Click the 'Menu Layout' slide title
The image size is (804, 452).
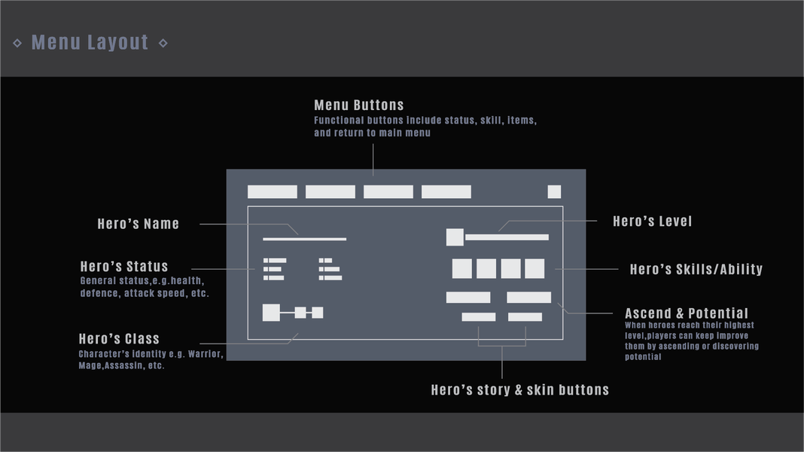click(x=90, y=42)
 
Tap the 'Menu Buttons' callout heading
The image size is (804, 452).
click(x=358, y=105)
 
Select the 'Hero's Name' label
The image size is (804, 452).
click(x=138, y=224)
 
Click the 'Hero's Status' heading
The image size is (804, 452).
click(x=124, y=266)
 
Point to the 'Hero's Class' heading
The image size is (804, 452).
click(x=119, y=338)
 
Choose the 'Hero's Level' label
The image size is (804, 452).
click(x=652, y=221)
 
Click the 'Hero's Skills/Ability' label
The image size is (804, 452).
click(x=696, y=269)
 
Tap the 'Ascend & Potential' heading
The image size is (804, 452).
click(x=687, y=313)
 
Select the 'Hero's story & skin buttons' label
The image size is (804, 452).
click(x=519, y=389)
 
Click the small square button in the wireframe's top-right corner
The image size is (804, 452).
click(x=554, y=191)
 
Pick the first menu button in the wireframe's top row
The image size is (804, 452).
click(x=273, y=192)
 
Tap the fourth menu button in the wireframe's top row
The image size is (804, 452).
click(x=446, y=192)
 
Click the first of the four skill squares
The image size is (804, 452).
click(x=461, y=269)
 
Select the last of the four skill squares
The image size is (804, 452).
click(x=534, y=269)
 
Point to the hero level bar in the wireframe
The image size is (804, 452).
click(x=507, y=237)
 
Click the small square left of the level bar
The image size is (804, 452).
click(x=455, y=237)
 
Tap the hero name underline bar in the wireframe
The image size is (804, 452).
click(x=305, y=240)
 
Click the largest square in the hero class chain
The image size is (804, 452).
click(x=271, y=313)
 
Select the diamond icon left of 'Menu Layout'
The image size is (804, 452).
click(x=17, y=43)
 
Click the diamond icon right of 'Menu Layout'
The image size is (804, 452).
click(x=163, y=43)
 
